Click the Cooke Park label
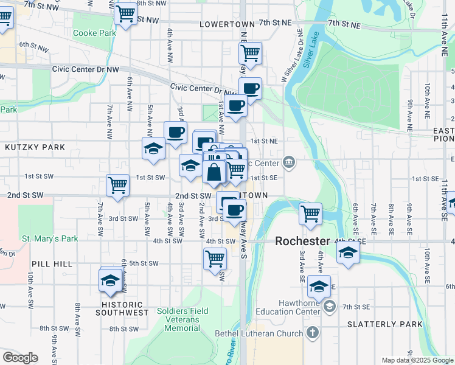94,33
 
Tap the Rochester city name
302,241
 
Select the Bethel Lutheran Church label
263,333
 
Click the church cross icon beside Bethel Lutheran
312,333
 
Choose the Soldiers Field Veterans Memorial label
182,319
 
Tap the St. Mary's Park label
50,238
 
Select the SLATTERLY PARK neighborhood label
384,324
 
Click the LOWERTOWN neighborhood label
225,24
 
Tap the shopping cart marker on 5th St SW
215,259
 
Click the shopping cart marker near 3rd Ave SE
310,214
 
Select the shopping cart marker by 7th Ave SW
117,186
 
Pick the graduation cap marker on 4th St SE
348,252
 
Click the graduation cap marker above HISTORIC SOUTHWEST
111,280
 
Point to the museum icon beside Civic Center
288,162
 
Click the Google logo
20,358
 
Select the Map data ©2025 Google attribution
417,360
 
